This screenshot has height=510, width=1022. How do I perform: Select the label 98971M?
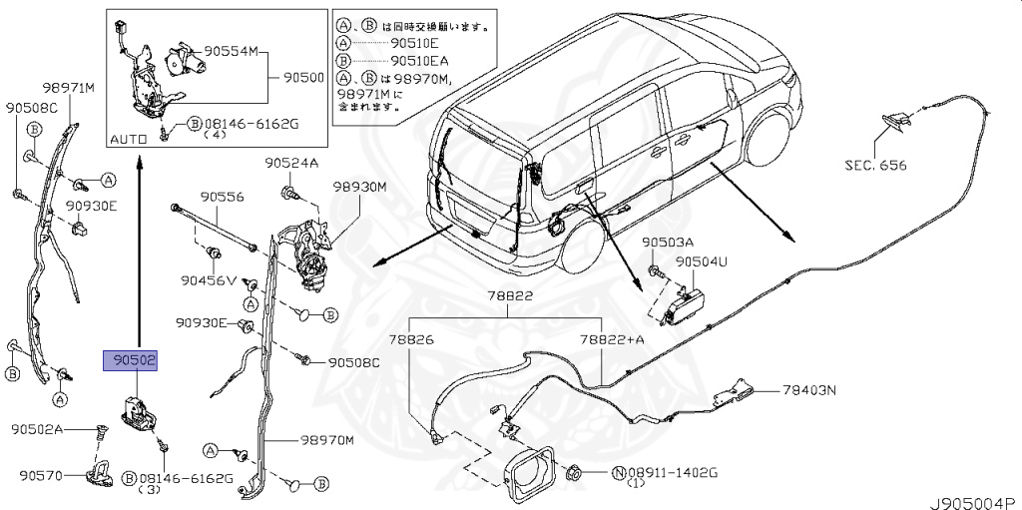pos(68,89)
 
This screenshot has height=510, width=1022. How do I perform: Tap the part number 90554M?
pos(232,50)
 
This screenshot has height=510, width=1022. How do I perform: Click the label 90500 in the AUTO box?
pos(303,76)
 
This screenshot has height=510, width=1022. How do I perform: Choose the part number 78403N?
pos(809,390)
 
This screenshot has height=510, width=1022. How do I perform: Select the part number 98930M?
pos(359,187)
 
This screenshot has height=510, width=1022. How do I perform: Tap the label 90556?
pos(222,198)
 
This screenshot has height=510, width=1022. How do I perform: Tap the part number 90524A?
pos(290,163)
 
